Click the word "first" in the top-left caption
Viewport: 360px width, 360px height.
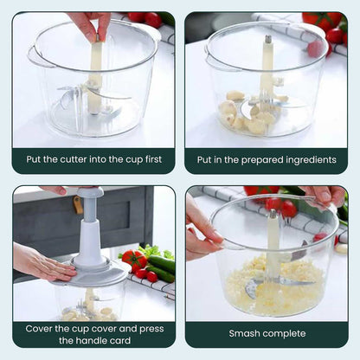(153, 159)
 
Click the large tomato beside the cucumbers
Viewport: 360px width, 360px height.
(135, 260)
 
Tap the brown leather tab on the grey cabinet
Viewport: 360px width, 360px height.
(76, 204)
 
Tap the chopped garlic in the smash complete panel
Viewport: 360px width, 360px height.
(274, 287)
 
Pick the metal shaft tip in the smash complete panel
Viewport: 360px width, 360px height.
(273, 214)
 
